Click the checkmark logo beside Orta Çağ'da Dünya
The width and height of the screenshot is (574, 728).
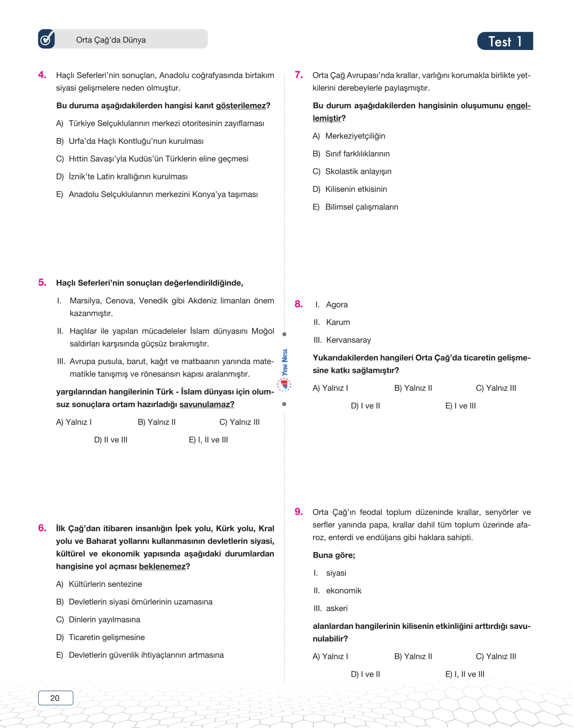(x=46, y=39)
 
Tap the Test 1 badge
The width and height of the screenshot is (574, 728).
(x=505, y=41)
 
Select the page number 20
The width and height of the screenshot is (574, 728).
(x=55, y=698)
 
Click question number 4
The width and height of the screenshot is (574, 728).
(x=42, y=75)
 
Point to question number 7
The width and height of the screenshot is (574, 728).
(x=298, y=75)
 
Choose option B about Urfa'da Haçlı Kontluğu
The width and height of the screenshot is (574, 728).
(x=136, y=141)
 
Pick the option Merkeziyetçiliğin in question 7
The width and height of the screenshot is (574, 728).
(x=355, y=136)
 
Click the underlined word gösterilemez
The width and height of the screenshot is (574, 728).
(x=241, y=106)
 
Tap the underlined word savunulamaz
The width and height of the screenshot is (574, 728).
(x=207, y=404)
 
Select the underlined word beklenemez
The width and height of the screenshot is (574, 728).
(x=162, y=567)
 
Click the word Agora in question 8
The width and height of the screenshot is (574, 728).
(x=337, y=305)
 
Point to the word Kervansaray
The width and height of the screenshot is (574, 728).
(x=348, y=340)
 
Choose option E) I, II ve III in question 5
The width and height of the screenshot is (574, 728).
(x=208, y=440)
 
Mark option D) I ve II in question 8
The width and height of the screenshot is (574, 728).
(x=365, y=406)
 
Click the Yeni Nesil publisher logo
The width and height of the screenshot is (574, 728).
(x=284, y=370)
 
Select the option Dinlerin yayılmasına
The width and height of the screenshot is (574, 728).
(x=104, y=620)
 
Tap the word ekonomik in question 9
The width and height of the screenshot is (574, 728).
(x=343, y=591)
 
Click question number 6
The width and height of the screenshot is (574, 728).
(x=42, y=528)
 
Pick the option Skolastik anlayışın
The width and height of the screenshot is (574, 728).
(x=358, y=172)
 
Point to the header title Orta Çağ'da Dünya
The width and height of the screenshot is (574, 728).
(x=111, y=40)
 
